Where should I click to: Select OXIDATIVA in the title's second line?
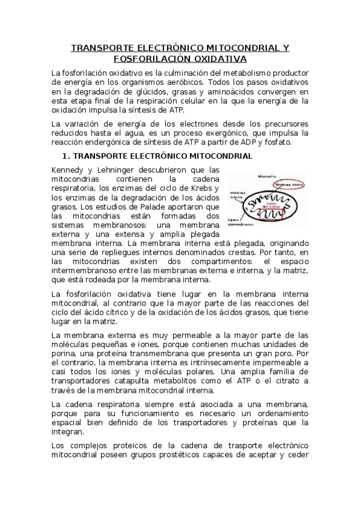point(219,58)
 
